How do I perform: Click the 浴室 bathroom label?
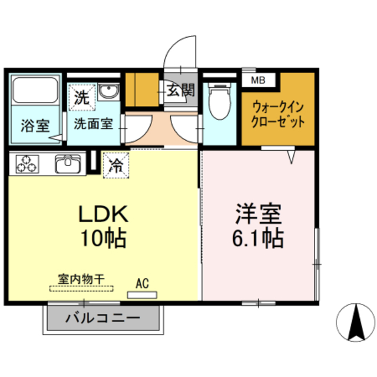(x=35, y=126)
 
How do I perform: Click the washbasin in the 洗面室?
(x=108, y=92)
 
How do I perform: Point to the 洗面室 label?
(x=93, y=125)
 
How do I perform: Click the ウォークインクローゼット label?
(x=279, y=115)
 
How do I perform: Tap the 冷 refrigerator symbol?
(x=115, y=165)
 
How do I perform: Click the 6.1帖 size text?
(x=259, y=238)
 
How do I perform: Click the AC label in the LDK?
(x=142, y=283)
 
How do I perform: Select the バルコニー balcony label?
(x=102, y=319)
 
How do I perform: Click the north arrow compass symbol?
(x=356, y=323)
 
